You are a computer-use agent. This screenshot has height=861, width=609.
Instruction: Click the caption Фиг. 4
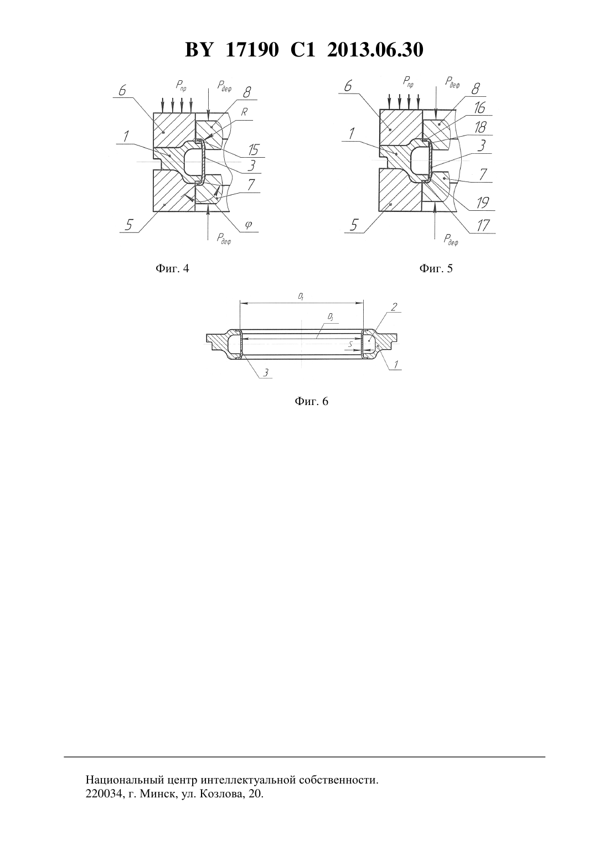pyautogui.click(x=172, y=268)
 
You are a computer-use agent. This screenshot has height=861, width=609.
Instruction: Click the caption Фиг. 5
pyautogui.click(x=436, y=268)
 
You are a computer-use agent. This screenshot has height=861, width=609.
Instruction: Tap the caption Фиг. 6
pyautogui.click(x=311, y=401)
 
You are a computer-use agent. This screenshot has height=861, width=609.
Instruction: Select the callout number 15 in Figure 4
pyautogui.click(x=253, y=149)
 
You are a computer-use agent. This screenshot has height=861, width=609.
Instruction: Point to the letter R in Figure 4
pyautogui.click(x=244, y=112)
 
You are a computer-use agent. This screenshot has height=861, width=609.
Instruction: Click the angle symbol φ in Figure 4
pyautogui.click(x=249, y=225)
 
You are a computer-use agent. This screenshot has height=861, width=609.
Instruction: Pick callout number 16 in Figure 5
pyautogui.click(x=479, y=108)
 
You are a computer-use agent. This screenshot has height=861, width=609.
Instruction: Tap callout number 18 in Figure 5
pyautogui.click(x=480, y=127)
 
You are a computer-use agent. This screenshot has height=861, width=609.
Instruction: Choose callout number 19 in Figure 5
pyautogui.click(x=483, y=203)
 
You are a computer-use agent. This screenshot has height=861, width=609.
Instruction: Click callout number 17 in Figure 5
pyautogui.click(x=483, y=225)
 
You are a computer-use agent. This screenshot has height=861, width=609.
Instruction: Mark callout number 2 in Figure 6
pyautogui.click(x=394, y=307)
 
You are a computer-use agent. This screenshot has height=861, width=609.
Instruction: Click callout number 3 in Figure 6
pyautogui.click(x=266, y=372)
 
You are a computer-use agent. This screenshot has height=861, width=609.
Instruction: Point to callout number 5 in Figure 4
pyautogui.click(x=128, y=225)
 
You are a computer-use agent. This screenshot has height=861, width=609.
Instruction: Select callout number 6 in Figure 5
pyautogui.click(x=348, y=86)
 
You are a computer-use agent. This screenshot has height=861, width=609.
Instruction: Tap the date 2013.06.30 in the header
pyautogui.click(x=375, y=50)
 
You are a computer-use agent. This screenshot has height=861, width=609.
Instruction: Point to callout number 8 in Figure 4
pyautogui.click(x=247, y=92)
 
